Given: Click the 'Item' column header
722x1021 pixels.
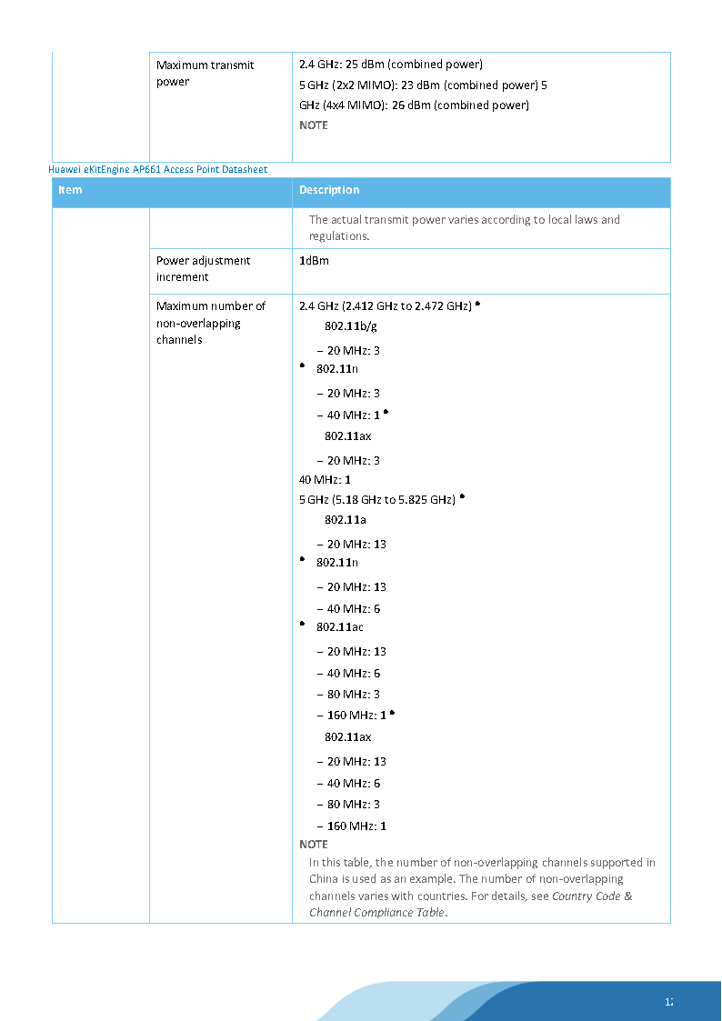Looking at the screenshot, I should click(70, 190).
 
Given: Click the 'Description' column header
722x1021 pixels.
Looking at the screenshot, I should click(329, 190).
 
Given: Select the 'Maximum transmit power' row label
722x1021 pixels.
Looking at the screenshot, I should click(205, 73).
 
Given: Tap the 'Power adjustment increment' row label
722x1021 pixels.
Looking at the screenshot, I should click(203, 268).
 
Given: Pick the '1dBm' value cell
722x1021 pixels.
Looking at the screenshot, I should click(314, 261).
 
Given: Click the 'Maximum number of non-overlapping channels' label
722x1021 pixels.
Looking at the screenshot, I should click(211, 323).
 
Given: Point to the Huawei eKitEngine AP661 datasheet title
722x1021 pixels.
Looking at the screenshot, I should click(157, 169).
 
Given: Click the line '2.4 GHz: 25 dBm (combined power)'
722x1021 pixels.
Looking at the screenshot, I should click(390, 65).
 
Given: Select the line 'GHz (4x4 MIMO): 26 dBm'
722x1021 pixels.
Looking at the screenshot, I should click(414, 105).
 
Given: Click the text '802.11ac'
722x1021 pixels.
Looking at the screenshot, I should click(340, 627).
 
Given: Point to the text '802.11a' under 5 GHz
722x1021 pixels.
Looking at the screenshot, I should click(346, 520).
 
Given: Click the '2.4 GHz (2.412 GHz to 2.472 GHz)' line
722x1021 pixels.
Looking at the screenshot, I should click(385, 306).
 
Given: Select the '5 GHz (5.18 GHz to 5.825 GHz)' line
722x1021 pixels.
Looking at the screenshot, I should click(376, 500).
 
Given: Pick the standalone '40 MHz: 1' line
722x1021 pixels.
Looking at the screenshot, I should click(325, 479).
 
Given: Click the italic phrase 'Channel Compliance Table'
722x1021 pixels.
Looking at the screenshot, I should click(377, 913).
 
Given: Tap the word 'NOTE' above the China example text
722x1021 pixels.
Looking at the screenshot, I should click(313, 845).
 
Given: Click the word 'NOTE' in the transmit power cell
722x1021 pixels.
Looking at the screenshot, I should click(313, 125).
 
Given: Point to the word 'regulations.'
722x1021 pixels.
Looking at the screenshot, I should click(339, 236).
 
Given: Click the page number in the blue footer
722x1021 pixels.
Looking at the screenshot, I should click(668, 1003).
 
